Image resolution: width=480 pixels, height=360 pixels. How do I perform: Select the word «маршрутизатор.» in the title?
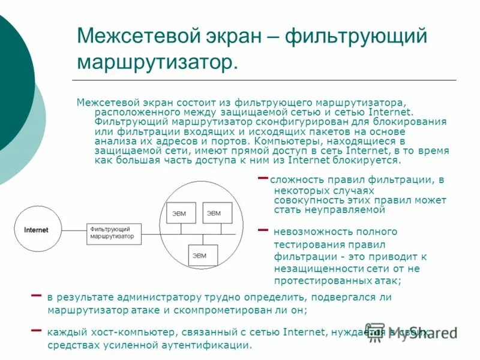pos(157,62)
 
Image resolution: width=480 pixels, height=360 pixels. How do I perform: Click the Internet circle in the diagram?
pos(36,230)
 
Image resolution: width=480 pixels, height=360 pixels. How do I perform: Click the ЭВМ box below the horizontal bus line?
pos(199,256)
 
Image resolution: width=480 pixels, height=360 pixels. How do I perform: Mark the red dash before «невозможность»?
pos(262,230)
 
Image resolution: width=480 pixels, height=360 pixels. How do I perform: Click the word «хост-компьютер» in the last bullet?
pos(121,332)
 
